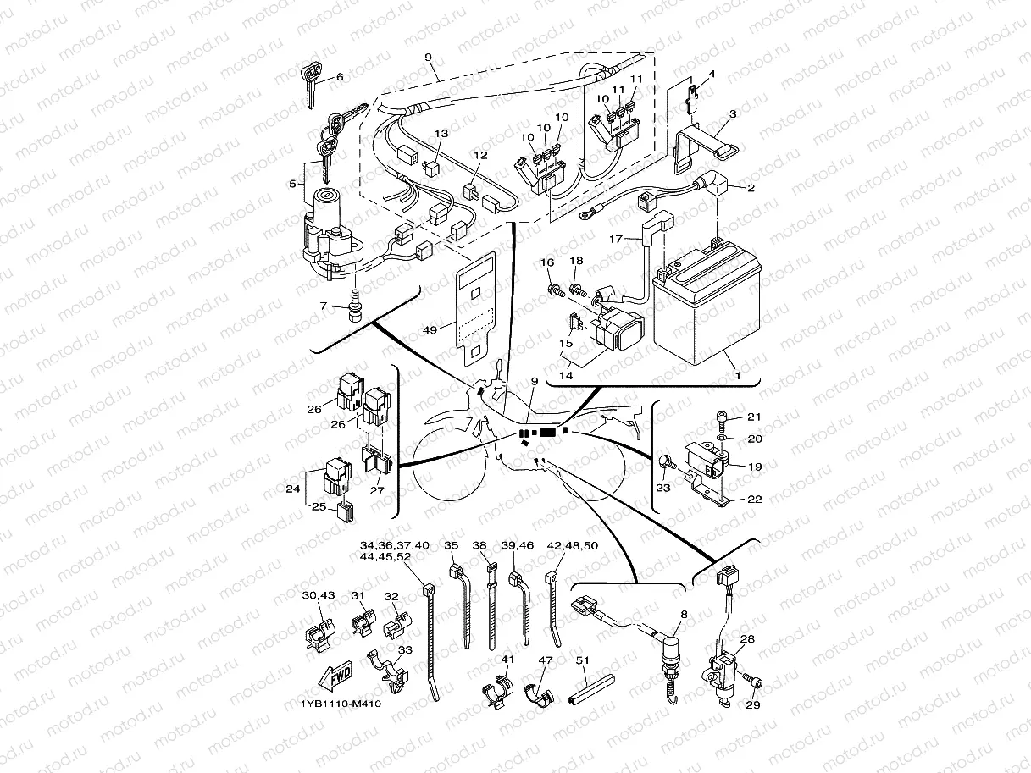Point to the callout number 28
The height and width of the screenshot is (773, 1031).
[747, 639]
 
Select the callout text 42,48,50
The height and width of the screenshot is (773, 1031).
[572, 545]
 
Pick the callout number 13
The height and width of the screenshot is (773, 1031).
[441, 134]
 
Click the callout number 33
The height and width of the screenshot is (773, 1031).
[405, 649]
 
